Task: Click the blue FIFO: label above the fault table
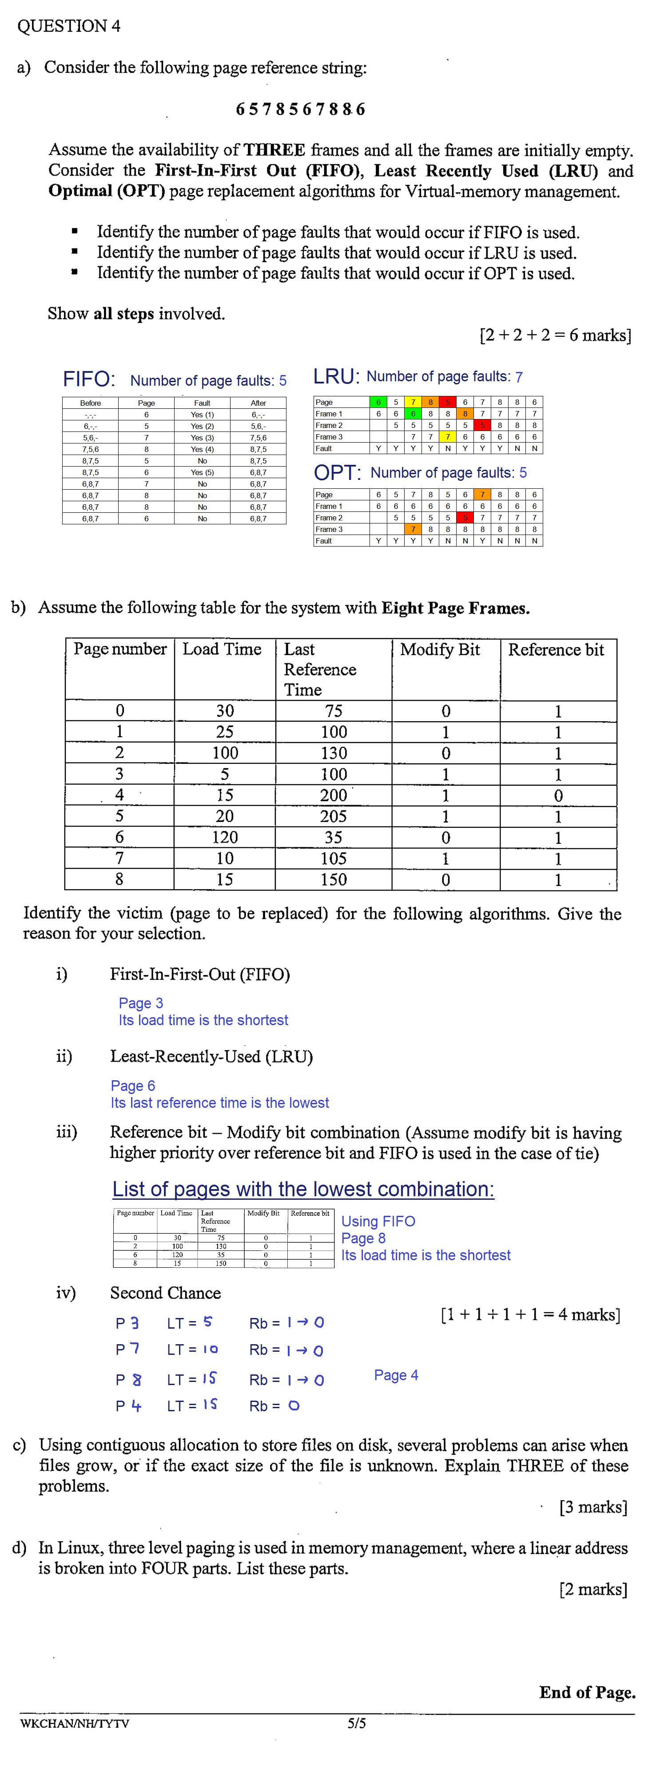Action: [x=88, y=379]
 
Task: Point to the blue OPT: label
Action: [x=337, y=473]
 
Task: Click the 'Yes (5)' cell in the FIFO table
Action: [x=202, y=472]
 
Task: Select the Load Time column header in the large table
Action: [x=222, y=649]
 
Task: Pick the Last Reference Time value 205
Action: [x=333, y=817]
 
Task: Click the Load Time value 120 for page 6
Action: [x=224, y=837]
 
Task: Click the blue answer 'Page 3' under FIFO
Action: [x=141, y=1003]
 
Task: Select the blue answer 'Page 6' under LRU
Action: [x=133, y=1086]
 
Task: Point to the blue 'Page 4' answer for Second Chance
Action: [x=396, y=1375]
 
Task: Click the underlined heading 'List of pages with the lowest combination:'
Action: [x=303, y=1189]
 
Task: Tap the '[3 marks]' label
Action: [x=592, y=1506]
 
